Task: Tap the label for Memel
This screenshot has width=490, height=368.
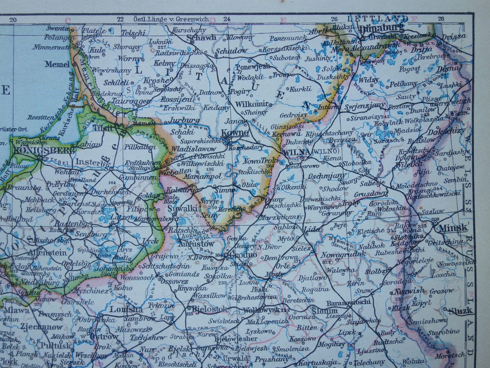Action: [x=57, y=64]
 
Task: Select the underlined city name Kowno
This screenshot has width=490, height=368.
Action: [x=235, y=133]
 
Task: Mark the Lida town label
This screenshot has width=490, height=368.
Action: [x=312, y=229]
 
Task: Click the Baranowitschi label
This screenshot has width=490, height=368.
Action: [x=348, y=303]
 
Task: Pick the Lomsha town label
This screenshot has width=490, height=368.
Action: [x=121, y=309]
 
